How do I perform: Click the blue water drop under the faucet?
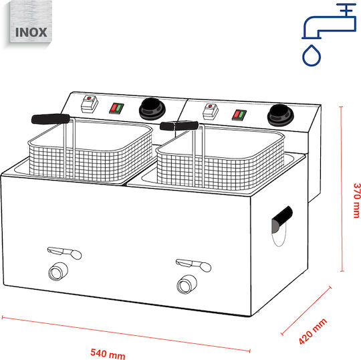point(312,56)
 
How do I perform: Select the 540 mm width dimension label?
point(108,353)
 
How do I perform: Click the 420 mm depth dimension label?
point(313,331)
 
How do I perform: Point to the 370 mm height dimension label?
point(356,200)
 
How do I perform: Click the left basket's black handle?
point(51,118)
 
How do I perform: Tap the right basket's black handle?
point(179,126)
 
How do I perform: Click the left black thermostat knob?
point(152,109)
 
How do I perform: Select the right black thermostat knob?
point(280,115)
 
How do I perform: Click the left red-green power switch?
point(116,108)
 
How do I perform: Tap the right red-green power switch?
point(239,115)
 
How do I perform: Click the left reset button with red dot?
point(90,104)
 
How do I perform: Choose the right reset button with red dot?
point(211,111)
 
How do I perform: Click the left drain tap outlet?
point(57,272)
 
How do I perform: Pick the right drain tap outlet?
point(187,284)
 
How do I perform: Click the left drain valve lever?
point(64,252)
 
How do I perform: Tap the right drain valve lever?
point(193,265)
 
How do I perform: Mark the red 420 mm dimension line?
point(306,311)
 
